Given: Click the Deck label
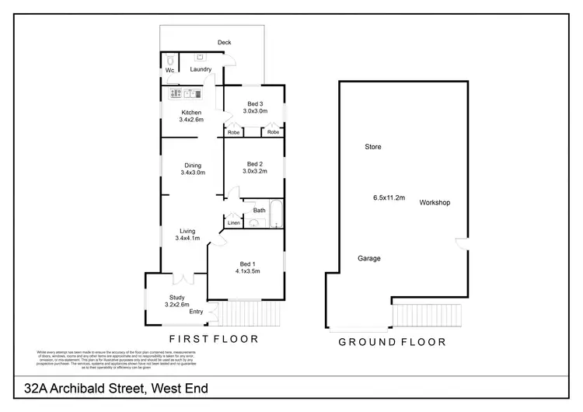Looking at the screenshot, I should (x=225, y=42).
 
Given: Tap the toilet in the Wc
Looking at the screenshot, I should (x=169, y=60).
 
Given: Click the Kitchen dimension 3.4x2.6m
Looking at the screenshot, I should (x=191, y=120).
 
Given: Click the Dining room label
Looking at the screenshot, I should (x=193, y=165).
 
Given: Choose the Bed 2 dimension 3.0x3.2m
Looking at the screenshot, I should (x=255, y=172).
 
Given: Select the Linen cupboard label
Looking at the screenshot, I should (x=233, y=224).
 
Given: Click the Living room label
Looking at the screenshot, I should (x=187, y=231).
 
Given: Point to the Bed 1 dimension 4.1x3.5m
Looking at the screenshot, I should (x=247, y=271).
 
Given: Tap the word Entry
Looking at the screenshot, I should (x=196, y=312).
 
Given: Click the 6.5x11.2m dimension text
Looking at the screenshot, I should (x=389, y=198).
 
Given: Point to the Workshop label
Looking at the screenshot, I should (x=435, y=203).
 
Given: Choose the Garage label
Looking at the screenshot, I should (x=369, y=258).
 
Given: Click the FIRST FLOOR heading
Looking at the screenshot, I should (x=214, y=340).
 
